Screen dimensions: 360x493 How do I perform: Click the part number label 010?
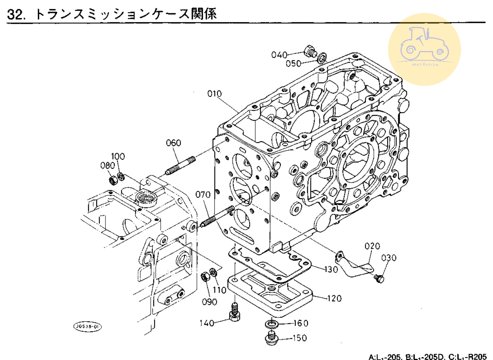click(x=214, y=94)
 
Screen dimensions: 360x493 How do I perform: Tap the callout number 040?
click(x=279, y=55)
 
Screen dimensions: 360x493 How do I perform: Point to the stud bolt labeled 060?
click(x=180, y=165)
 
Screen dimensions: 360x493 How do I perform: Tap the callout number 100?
click(x=118, y=156)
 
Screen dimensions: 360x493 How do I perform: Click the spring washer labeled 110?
click(x=213, y=273)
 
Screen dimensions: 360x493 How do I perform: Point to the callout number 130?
click(x=331, y=269)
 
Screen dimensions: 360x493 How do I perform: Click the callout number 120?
click(x=334, y=298)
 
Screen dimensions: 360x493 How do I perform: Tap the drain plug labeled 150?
click(x=272, y=338)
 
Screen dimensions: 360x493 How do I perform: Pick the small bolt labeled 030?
click(x=379, y=278)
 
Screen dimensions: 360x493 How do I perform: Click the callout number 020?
click(x=372, y=246)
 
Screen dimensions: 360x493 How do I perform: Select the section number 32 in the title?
click(x=16, y=14)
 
